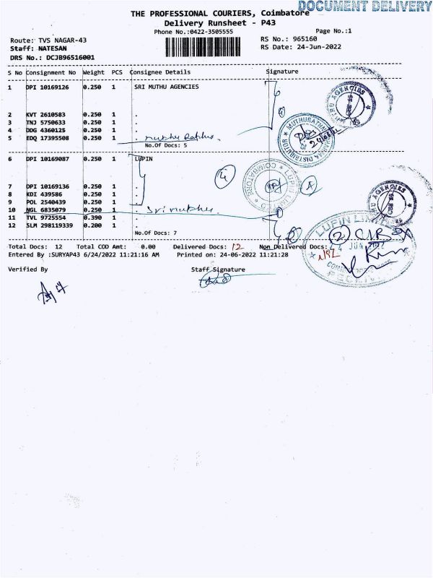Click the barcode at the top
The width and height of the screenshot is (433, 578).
pos(210,48)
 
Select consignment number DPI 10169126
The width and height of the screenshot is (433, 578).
pos(51,87)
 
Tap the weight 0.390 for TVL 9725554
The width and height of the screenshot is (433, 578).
pos(92,217)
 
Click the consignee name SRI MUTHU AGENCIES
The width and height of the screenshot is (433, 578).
pos(167,87)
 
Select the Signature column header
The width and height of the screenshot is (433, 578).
pos(281,72)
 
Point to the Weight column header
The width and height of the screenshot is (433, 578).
pos(94,72)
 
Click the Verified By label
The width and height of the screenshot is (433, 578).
pos(27,269)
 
